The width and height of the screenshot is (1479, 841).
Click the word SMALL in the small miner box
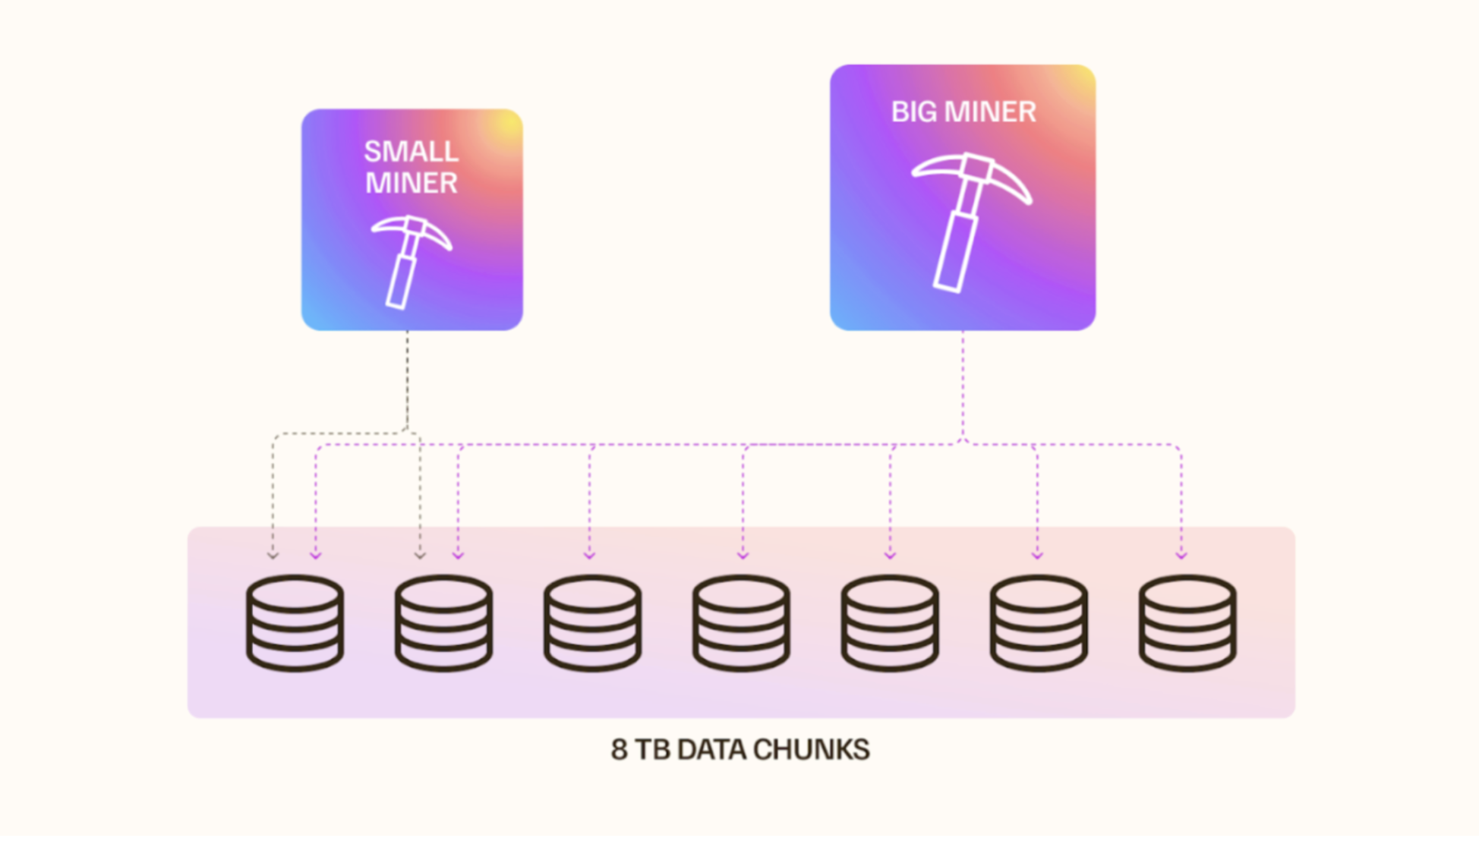point(411,151)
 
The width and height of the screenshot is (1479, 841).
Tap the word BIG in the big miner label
point(913,112)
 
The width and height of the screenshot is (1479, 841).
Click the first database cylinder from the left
point(295,622)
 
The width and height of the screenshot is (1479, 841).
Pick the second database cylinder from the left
point(443,622)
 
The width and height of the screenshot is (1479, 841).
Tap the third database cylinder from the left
point(592,622)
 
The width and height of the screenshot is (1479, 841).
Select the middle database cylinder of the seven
point(741,622)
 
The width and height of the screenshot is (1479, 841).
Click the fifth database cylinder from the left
point(890,622)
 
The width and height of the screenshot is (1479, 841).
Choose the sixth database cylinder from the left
point(1039,622)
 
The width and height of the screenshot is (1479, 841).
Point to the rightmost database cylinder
point(1187,622)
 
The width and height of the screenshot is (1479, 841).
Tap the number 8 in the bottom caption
point(619,750)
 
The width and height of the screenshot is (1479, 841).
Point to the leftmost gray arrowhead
point(273,556)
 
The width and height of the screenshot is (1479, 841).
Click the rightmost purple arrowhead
point(1181,556)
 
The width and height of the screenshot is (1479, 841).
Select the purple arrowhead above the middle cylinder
point(743,556)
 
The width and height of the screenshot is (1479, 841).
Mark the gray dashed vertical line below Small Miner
point(408,380)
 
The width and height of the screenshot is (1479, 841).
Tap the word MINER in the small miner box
point(411,183)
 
